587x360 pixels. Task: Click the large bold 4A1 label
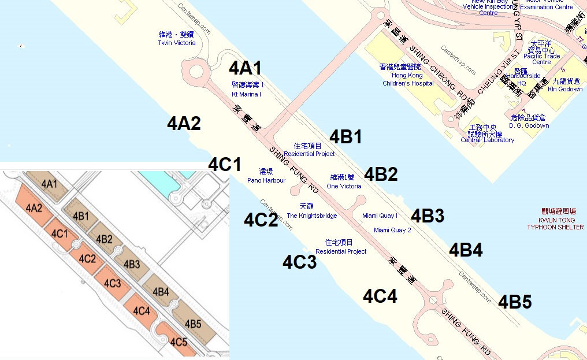[x=246, y=68]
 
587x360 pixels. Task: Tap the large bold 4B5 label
[x=515, y=302]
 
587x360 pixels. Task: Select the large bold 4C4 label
[x=380, y=296]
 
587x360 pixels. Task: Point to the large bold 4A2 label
[x=184, y=123]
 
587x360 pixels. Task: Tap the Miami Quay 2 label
[x=392, y=230]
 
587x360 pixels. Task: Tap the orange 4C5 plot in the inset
[x=179, y=340]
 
